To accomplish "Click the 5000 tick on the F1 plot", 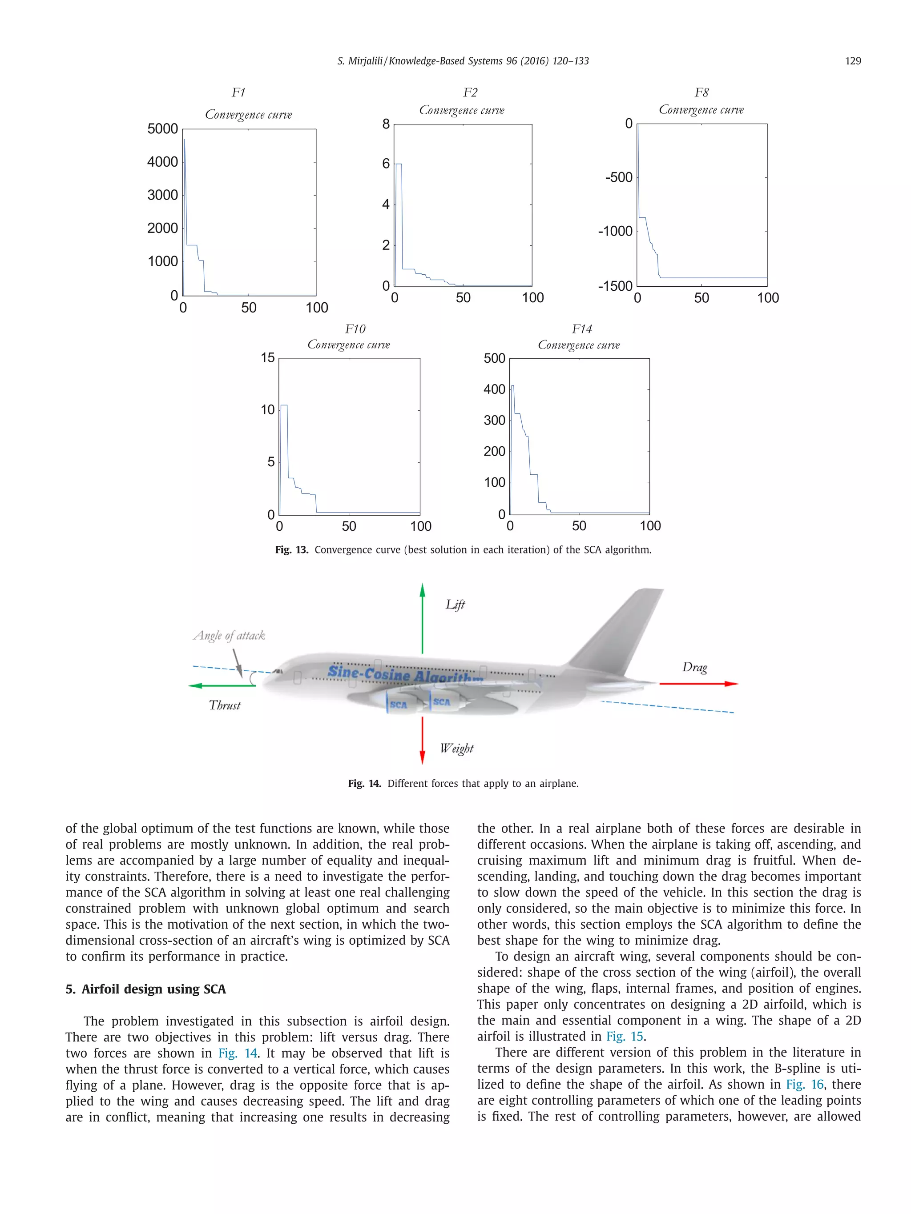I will click(162, 129).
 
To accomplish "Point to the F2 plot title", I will click(470, 92).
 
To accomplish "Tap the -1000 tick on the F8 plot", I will click(615, 231).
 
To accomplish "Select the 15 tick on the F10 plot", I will click(267, 358).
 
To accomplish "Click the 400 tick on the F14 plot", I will click(494, 389).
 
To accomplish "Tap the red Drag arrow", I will click(698, 684).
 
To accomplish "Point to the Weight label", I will click(456, 748).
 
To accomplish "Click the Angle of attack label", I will click(229, 636).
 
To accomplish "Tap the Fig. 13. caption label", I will click(292, 550).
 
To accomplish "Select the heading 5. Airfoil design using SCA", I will click(145, 989).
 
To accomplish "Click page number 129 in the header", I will click(852, 61).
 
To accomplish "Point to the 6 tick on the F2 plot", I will click(386, 164).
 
